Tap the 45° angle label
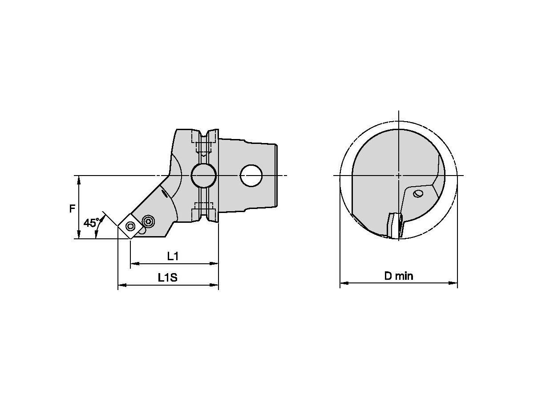point(91,223)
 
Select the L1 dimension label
point(173,256)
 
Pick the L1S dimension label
point(168,278)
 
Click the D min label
point(399,276)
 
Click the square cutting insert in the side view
point(130,226)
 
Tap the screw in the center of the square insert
point(130,226)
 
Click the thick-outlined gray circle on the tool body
point(204,176)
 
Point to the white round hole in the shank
point(251,176)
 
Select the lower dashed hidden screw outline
point(204,209)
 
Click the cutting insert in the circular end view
point(394,226)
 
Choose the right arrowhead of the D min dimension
point(454,282)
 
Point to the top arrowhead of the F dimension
point(79,179)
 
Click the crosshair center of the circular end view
point(399,175)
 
